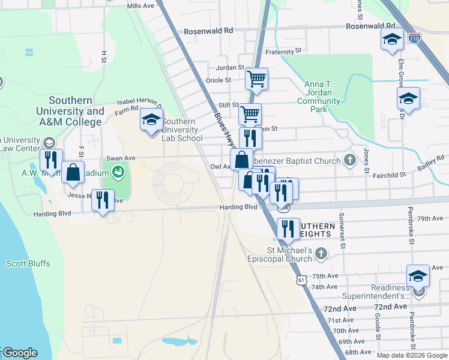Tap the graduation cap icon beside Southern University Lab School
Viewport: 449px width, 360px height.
[x=151, y=119]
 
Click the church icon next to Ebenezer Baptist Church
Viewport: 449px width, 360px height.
[x=350, y=160]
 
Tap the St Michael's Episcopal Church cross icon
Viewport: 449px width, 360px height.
[x=321, y=254]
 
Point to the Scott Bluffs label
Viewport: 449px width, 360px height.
[x=28, y=263]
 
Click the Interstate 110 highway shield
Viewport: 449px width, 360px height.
[x=414, y=38]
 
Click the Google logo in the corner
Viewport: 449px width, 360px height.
[x=20, y=353]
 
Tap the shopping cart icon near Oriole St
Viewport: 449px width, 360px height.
[x=256, y=78]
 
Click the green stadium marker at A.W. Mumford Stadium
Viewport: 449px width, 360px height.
[x=118, y=172]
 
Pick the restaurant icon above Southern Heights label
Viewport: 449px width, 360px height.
[x=288, y=229]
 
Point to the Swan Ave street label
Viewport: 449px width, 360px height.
[x=121, y=158]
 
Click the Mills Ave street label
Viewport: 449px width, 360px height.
[x=141, y=7]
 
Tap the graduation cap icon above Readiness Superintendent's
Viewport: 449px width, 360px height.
[x=418, y=276]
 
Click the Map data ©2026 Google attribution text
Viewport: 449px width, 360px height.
[x=411, y=355]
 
